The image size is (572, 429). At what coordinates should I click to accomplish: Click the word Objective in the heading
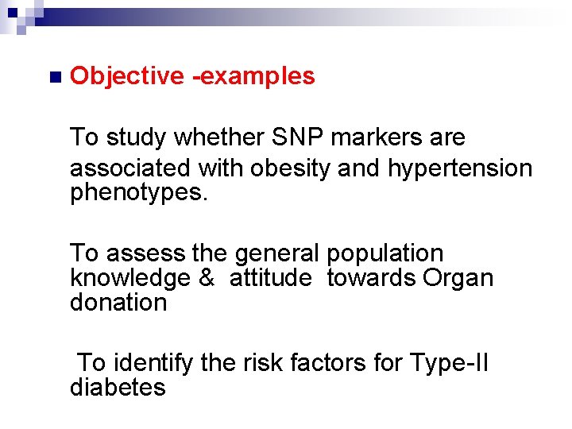127,76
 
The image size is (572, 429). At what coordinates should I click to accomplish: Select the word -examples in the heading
253,76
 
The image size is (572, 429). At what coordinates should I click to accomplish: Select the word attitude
271,278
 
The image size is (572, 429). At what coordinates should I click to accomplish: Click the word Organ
458,278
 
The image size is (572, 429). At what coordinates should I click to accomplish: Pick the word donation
118,303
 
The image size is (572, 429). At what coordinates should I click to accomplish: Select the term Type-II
449,363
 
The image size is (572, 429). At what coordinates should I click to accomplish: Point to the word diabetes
118,388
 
